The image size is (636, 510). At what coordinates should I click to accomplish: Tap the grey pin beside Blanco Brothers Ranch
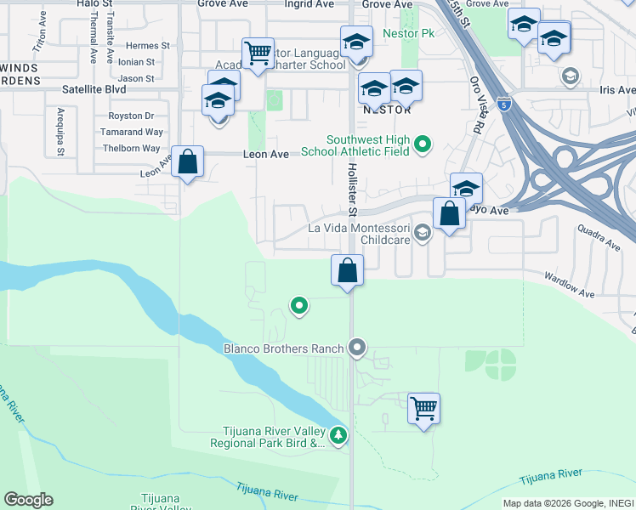click(357, 347)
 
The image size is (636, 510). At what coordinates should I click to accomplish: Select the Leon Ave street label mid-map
click(260, 154)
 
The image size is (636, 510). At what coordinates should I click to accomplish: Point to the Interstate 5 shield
click(506, 105)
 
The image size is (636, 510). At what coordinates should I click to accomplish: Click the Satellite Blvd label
click(94, 88)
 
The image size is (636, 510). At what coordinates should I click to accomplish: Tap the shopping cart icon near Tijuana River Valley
click(423, 409)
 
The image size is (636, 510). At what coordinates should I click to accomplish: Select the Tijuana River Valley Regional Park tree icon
click(339, 436)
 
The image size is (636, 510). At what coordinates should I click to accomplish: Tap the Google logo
click(28, 500)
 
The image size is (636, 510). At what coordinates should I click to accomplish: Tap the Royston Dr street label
click(131, 116)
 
